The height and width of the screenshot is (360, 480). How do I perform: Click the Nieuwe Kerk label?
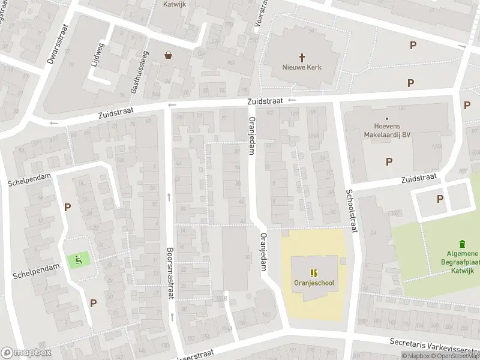[x=302, y=67]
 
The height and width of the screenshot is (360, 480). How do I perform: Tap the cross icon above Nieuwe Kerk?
[x=302, y=55]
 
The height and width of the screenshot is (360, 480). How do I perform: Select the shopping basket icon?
[x=169, y=55]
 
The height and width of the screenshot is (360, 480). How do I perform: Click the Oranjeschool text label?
[x=314, y=283]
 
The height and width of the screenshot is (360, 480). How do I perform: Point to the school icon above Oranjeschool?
[x=314, y=272]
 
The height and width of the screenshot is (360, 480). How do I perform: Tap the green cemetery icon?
[x=461, y=244]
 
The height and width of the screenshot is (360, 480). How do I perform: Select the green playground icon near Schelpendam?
[x=79, y=260]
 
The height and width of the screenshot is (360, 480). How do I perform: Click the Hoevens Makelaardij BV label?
[x=387, y=131]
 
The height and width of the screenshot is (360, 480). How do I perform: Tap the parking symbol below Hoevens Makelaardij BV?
[x=389, y=161]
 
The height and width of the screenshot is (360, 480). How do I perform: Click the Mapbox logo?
[x=26, y=353]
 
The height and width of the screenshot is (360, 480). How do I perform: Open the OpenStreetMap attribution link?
[x=457, y=356]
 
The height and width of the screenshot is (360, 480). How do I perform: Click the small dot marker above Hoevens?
[x=387, y=119]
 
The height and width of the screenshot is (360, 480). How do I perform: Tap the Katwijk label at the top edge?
[x=175, y=4]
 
